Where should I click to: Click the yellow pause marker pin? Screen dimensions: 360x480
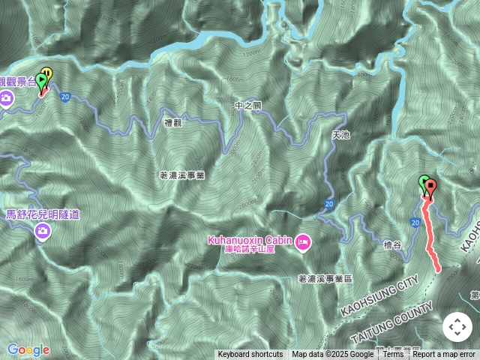click(x=48, y=73)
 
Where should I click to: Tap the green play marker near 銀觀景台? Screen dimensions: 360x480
click(x=41, y=80)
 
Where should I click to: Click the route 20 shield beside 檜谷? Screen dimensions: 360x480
click(x=415, y=223)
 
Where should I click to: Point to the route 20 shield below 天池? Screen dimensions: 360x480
click(x=329, y=203)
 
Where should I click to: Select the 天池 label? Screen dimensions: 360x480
click(x=340, y=136)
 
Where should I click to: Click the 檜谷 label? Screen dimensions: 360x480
click(x=392, y=245)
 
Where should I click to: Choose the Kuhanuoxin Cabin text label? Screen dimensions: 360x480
click(x=250, y=239)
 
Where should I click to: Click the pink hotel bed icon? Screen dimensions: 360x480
click(x=303, y=241)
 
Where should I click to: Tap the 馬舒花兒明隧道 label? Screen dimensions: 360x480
click(x=43, y=214)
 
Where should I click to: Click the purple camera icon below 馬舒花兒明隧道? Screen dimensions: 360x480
click(x=43, y=232)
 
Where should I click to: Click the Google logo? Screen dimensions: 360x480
click(x=28, y=349)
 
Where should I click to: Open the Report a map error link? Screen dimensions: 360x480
click(x=444, y=355)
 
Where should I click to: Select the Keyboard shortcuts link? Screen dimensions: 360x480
click(x=250, y=355)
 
